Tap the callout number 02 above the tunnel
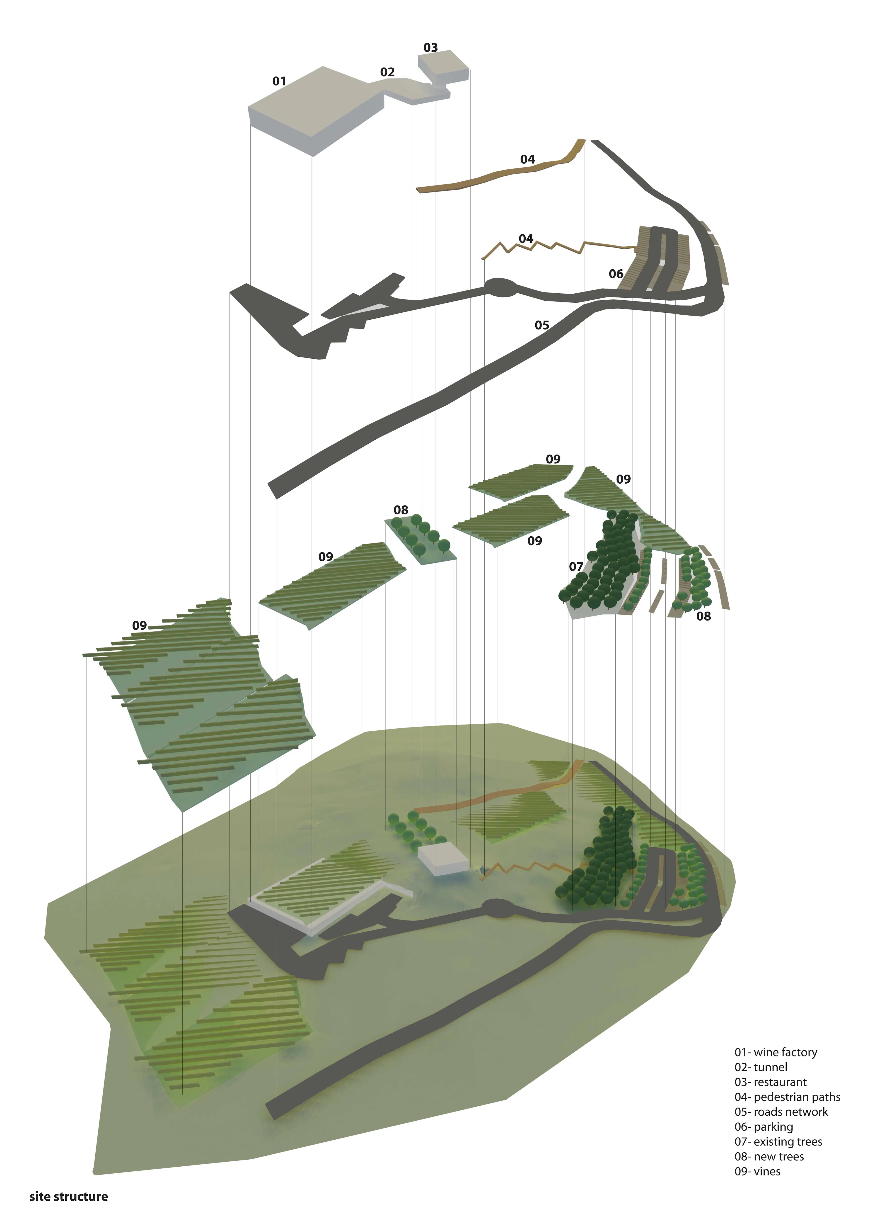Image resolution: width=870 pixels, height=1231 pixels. coord(387,72)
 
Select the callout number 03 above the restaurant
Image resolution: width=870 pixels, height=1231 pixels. coord(431,48)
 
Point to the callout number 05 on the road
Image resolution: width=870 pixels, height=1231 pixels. coord(542,325)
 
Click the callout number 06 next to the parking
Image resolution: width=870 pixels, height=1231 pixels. coord(616,274)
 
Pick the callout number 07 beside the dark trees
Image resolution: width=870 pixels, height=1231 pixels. coord(576,567)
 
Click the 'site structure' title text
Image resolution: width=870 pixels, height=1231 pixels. coord(69,1197)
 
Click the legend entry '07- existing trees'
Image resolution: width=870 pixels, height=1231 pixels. coord(778,1142)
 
